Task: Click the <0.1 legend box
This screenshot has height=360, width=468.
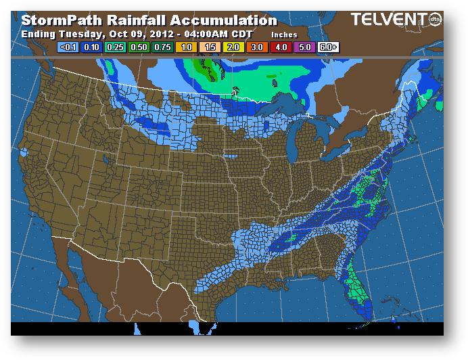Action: click(x=69, y=47)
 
